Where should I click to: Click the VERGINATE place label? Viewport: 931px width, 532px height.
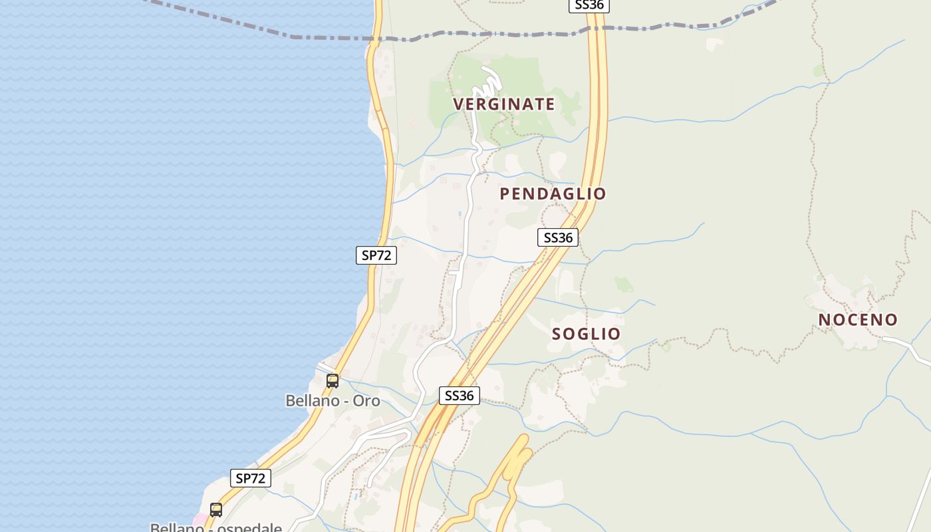coord(504,104)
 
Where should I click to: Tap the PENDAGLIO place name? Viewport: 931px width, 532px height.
coord(553,194)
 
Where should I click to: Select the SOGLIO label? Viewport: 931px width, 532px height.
coord(586,334)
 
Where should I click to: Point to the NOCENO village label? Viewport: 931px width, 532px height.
coord(858,320)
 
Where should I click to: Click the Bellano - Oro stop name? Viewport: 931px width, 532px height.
coord(332,401)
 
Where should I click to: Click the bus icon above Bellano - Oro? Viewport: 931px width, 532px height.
coord(332,381)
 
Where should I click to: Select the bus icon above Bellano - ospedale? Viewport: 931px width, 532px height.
coord(216,510)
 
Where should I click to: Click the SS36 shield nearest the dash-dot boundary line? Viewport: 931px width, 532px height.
coord(589,5)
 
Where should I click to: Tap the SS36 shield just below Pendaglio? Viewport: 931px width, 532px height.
coord(558,237)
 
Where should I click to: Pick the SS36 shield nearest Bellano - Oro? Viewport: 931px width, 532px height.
coord(459,396)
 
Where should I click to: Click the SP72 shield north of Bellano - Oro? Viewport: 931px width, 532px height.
coord(376,255)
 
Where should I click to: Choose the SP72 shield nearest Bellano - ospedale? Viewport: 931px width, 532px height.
coord(251,478)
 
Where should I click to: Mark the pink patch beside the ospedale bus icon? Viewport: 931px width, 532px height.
coord(199,519)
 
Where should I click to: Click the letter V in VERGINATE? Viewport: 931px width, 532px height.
coord(458,104)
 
